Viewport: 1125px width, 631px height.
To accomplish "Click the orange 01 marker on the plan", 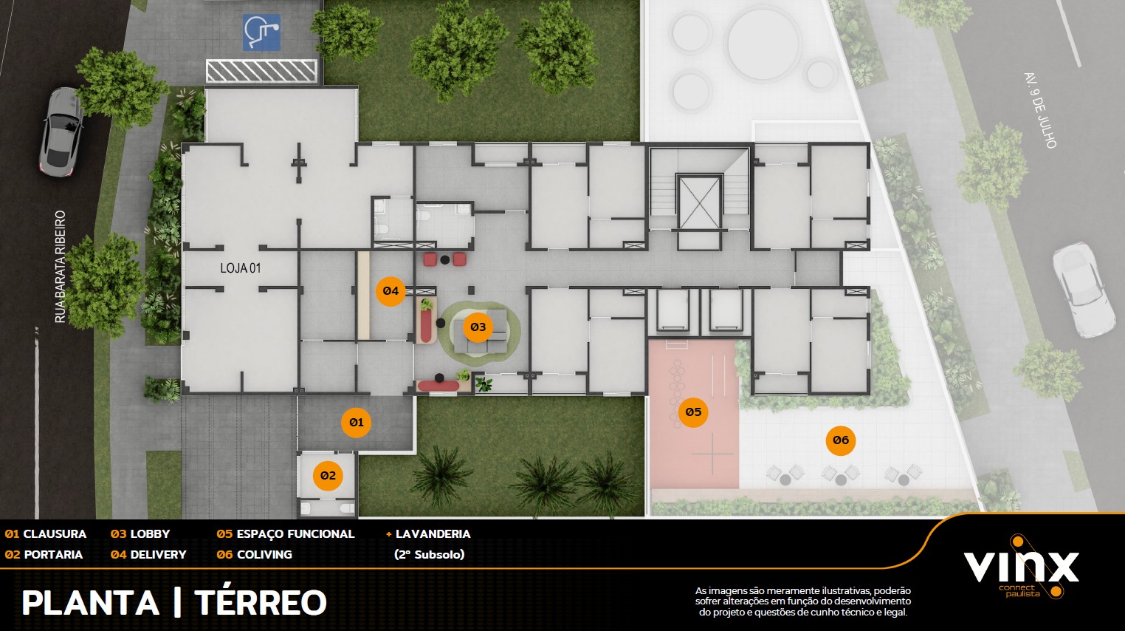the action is (x=356, y=423).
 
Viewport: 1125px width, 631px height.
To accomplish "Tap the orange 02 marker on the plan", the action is (x=328, y=476).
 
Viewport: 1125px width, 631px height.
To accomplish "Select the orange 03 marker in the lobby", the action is (x=478, y=327).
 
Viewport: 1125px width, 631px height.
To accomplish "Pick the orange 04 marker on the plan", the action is (x=391, y=291).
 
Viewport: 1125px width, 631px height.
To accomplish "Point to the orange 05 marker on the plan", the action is (x=693, y=412).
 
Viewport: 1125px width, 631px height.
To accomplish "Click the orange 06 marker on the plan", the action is (x=841, y=440).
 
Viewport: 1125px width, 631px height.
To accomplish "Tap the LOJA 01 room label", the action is (x=241, y=268).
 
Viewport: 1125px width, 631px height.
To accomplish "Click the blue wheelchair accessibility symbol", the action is (x=261, y=33).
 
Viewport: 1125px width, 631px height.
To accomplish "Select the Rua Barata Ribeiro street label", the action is (x=61, y=267).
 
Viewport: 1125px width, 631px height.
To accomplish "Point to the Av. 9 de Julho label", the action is (x=1041, y=111).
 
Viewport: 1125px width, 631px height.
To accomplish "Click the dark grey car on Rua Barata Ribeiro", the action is (x=62, y=132).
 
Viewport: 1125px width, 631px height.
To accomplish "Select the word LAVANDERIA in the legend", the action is (x=433, y=534).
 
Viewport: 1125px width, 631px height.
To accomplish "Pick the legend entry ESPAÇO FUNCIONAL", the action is (x=296, y=534).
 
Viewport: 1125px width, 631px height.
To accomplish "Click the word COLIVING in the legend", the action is (x=264, y=555).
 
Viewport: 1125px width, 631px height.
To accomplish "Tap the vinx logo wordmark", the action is (x=1021, y=567).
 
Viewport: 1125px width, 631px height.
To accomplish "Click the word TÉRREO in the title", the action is (x=261, y=602).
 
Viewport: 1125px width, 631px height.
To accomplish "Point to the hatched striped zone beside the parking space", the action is (x=261, y=71).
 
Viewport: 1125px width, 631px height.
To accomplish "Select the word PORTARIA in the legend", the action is (x=53, y=555).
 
